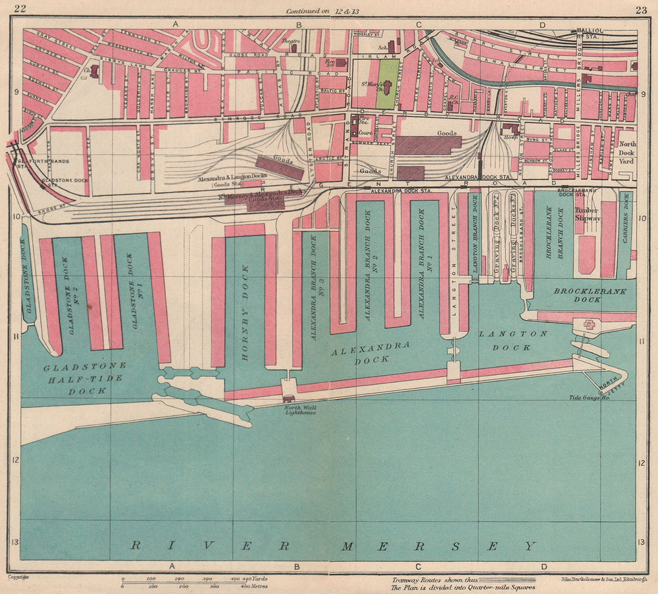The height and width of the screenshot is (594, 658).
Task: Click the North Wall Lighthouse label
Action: [300, 410]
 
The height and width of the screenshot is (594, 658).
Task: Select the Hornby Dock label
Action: [246, 312]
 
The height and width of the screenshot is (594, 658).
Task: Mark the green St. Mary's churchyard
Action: [388, 84]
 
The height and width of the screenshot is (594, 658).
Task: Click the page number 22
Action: [20, 8]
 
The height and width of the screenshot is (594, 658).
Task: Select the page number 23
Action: [640, 9]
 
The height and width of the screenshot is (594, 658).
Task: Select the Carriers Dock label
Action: [626, 227]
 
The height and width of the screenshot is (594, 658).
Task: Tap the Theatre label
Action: [290, 41]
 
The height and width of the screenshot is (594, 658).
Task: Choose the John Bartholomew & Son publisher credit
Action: [603, 580]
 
